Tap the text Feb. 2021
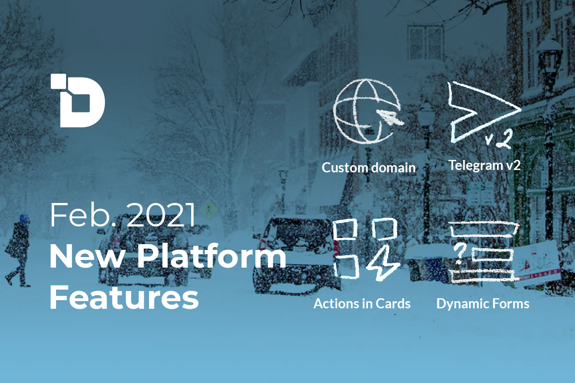[x=122, y=215]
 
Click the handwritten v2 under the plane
[x=498, y=139]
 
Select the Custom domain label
[x=368, y=168]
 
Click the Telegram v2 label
[x=484, y=165]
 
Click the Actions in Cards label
[x=362, y=304]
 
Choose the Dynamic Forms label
[x=483, y=304]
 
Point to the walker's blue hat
[x=23, y=218]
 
